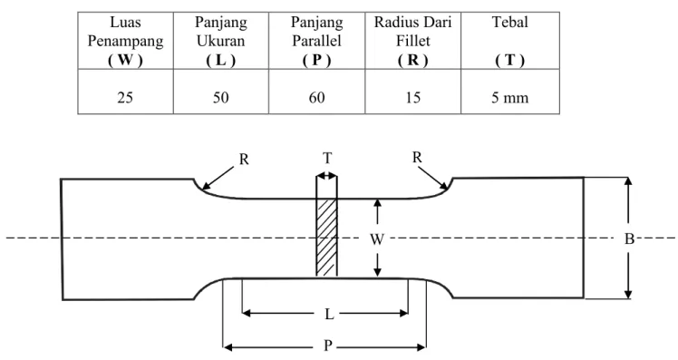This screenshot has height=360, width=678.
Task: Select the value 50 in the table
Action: pyautogui.click(x=220, y=98)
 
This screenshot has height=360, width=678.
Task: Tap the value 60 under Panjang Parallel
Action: pyautogui.click(x=316, y=98)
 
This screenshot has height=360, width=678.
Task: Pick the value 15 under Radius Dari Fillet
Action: pyautogui.click(x=413, y=98)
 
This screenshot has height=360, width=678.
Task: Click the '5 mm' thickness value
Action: pyautogui.click(x=509, y=98)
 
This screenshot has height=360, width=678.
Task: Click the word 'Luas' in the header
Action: pyautogui.click(x=125, y=22)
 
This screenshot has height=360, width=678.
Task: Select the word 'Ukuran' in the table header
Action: pyautogui.click(x=221, y=41)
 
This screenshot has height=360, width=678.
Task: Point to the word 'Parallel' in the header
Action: pyautogui.click(x=316, y=41)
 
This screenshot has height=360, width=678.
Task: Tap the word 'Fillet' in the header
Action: pyautogui.click(x=413, y=41)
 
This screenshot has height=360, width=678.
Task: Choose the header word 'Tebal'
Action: pyautogui.click(x=509, y=22)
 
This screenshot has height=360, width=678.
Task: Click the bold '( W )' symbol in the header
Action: pyautogui.click(x=125, y=60)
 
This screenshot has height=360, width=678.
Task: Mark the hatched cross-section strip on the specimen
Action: pyautogui.click(x=326, y=237)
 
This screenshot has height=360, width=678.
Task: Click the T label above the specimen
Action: pyautogui.click(x=327, y=159)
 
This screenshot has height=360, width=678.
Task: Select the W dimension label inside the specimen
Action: pyautogui.click(x=377, y=238)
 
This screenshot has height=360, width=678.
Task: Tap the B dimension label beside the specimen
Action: pyautogui.click(x=629, y=238)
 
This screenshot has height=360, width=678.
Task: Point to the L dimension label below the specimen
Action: pyautogui.click(x=329, y=314)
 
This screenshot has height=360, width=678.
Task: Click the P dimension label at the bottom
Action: pyautogui.click(x=328, y=345)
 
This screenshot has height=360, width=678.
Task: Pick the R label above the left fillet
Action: pyautogui.click(x=244, y=160)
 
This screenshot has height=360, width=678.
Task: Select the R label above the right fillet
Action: pyautogui.click(x=417, y=157)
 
